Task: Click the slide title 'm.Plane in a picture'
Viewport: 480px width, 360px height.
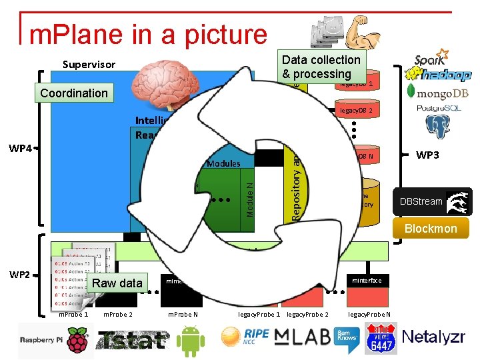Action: click(x=148, y=35)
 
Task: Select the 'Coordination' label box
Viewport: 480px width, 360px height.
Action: click(x=73, y=93)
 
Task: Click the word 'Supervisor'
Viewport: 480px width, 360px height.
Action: click(x=89, y=65)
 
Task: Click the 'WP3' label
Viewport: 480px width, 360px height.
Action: click(x=427, y=155)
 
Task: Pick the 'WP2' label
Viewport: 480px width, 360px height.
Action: click(x=20, y=274)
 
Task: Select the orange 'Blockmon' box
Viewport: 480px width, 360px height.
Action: click(x=431, y=228)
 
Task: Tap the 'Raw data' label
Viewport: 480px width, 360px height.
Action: click(x=117, y=283)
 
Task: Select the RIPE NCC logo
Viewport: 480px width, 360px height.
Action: click(x=247, y=336)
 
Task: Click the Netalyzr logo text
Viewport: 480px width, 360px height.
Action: click(x=433, y=337)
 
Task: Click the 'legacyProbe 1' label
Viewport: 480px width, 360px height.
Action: click(x=259, y=314)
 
